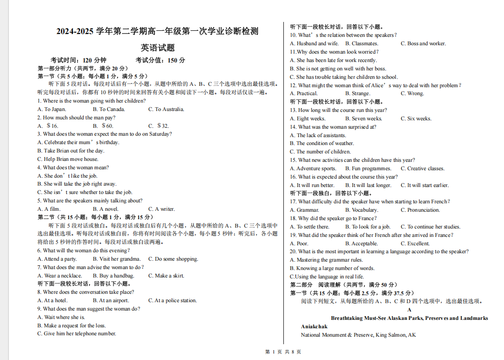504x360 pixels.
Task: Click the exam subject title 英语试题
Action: [158, 48]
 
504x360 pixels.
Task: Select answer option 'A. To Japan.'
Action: [52, 109]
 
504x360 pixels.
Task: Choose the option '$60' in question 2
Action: [103, 126]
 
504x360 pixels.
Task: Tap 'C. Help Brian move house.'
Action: [68, 159]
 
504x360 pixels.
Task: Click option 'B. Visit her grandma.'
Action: [116, 259]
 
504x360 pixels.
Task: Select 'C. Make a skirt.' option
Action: [166, 276]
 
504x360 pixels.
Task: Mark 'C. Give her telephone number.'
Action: [77, 333]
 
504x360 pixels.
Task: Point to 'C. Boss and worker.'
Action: [423, 43]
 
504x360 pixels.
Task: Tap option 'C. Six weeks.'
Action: [416, 118]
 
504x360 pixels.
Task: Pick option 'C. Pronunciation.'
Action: [420, 210]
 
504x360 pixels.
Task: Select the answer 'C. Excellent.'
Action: [415, 243]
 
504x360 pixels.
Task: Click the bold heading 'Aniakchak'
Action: [314, 326]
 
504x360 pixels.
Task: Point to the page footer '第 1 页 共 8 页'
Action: [283, 352]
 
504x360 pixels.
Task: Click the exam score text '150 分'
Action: [176, 60]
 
